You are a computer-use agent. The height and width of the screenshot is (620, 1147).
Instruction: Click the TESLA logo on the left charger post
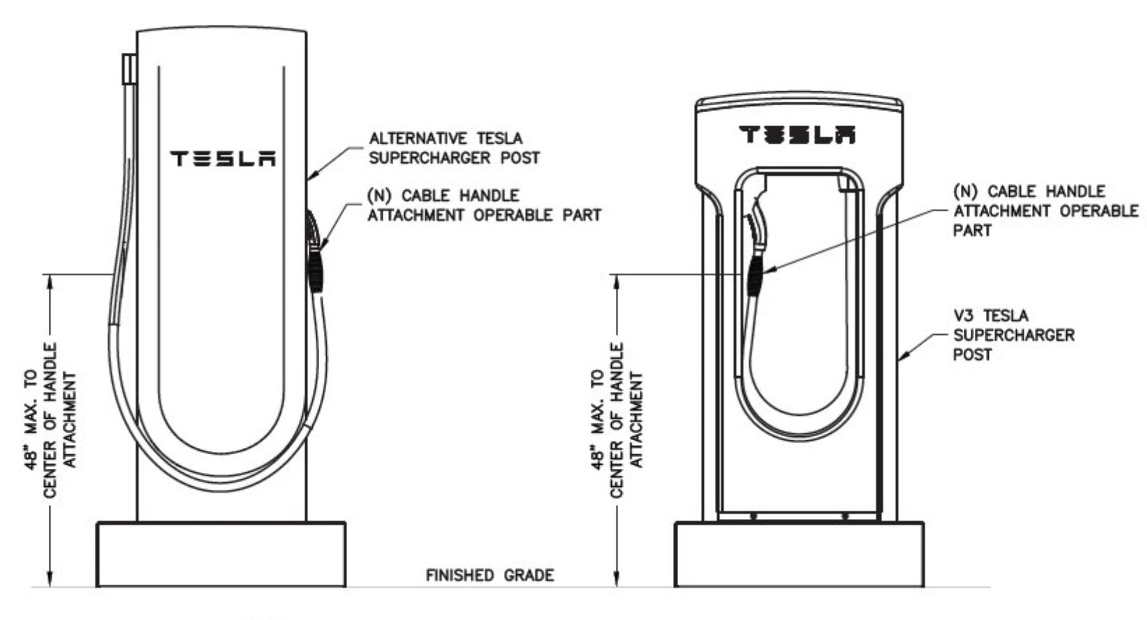[223, 159]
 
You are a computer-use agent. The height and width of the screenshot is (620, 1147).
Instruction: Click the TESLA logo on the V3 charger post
[797, 134]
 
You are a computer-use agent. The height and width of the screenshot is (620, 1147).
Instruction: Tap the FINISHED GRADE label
[490, 575]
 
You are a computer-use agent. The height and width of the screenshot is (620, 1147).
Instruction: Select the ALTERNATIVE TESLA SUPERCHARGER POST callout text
[454, 148]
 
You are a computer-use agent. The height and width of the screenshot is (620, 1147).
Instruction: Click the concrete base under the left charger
[221, 555]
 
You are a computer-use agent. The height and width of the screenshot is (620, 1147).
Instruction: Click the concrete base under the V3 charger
[799, 555]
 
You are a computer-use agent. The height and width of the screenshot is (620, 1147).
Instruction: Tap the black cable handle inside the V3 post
[755, 274]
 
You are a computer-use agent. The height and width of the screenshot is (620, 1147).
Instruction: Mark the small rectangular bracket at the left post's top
[128, 69]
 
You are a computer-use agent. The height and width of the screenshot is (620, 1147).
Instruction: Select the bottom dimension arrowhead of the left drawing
[49, 580]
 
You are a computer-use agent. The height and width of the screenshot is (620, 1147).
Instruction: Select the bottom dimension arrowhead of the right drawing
[616, 580]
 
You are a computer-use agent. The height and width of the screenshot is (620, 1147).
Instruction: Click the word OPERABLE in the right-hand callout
[1098, 210]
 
